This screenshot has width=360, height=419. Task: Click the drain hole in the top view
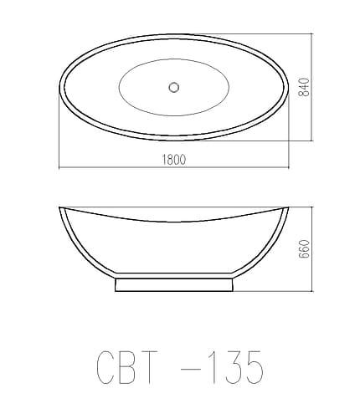click(174, 86)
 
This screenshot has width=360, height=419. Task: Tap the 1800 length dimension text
click(172, 159)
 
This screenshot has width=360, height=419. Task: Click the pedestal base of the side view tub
click(173, 284)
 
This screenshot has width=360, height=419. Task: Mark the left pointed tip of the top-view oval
click(59, 86)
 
